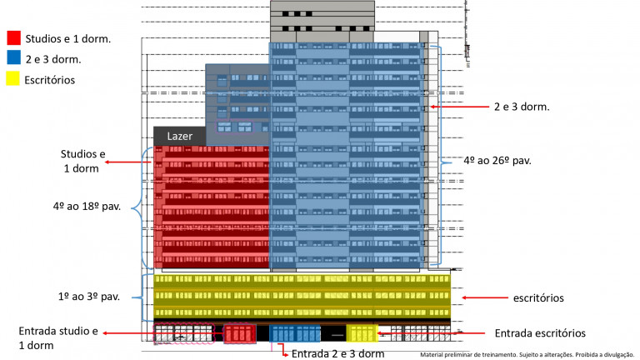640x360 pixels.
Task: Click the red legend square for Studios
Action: click(13, 37)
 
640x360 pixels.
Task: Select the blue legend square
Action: click(13, 58)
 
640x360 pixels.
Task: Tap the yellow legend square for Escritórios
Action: click(13, 79)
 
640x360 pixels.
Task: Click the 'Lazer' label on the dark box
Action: click(180, 136)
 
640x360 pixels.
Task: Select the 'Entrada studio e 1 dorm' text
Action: click(58, 338)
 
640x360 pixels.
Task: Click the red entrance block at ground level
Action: click(240, 334)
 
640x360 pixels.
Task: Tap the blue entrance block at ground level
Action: click(295, 334)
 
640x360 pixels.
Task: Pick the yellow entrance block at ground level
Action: click(362, 333)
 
